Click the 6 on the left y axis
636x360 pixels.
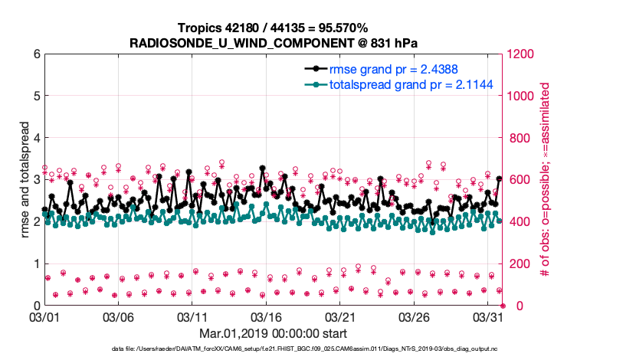pos(35,54)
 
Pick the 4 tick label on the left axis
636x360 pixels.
pos(35,138)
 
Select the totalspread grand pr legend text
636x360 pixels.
pos(401,84)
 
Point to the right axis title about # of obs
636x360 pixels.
pos(546,179)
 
